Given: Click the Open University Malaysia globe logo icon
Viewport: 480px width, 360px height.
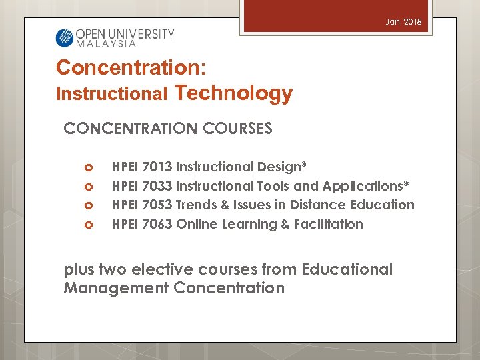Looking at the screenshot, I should (x=64, y=37).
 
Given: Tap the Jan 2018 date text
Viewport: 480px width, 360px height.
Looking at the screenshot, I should (x=403, y=22).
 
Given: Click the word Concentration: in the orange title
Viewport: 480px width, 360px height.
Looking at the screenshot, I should (x=131, y=67).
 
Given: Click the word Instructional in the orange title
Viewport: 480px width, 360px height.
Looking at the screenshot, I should (x=112, y=95).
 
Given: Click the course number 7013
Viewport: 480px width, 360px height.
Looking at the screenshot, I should (x=157, y=167).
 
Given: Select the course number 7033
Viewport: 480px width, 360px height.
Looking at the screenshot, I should (x=157, y=186).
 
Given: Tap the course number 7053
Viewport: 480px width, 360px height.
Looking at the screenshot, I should (x=157, y=205).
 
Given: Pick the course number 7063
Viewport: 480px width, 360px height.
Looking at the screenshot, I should (x=157, y=224).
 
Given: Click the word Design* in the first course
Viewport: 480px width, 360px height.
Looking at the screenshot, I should (x=283, y=167).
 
